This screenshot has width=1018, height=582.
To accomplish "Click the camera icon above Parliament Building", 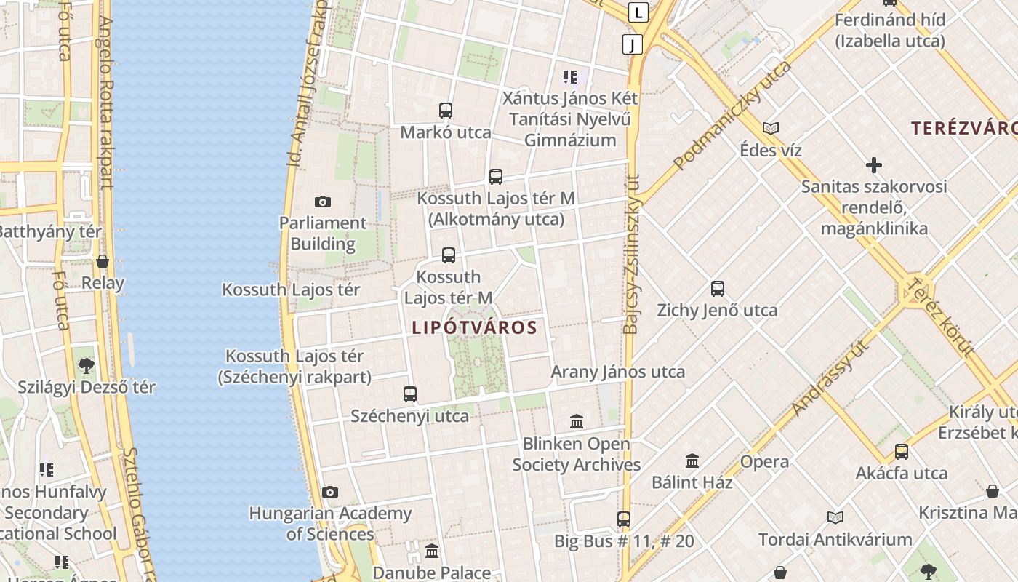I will [x=323, y=202].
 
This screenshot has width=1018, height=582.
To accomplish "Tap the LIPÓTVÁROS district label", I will [x=475, y=327].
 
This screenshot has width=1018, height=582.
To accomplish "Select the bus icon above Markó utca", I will [x=446, y=111].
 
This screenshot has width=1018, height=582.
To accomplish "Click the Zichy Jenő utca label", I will [x=717, y=311].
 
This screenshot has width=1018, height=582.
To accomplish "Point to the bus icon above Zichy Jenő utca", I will [x=718, y=289].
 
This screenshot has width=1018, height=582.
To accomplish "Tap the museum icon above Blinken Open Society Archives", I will [x=577, y=421].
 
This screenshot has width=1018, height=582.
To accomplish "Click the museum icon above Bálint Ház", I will [x=692, y=461].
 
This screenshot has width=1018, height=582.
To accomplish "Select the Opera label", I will [x=764, y=462].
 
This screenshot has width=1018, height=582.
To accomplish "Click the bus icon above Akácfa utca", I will [x=902, y=452].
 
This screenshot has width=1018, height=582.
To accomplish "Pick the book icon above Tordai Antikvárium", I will [x=835, y=517].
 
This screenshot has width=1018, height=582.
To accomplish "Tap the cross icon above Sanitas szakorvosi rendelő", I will [x=874, y=165].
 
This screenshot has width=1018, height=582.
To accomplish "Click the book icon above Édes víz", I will [x=771, y=129].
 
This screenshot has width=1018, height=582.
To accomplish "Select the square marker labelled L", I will [x=638, y=12].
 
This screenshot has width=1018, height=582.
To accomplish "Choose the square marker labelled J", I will [x=633, y=44].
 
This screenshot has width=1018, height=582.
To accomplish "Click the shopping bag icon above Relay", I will [x=103, y=261].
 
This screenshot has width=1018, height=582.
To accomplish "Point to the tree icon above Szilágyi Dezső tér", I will [x=87, y=365].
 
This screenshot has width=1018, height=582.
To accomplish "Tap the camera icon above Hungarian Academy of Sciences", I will [x=330, y=493].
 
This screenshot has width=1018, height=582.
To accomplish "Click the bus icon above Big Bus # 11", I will [x=624, y=519].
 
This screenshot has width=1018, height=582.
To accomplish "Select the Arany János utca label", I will [x=618, y=372].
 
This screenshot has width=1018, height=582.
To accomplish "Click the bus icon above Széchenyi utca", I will [x=410, y=394].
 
